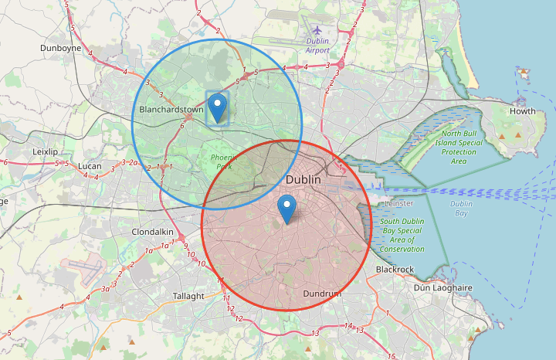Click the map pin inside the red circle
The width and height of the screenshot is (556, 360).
coord(287,208)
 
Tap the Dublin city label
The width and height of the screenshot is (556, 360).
coord(303,179)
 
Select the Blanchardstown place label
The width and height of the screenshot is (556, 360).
coord(171,110)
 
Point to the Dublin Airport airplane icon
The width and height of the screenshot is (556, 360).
coord(317,30)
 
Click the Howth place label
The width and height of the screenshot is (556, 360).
coord(522,111)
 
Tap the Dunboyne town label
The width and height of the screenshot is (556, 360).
coord(61,48)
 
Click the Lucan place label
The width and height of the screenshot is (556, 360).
coord(90,166)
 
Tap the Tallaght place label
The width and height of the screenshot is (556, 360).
coord(188,296)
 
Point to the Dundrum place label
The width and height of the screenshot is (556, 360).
coord(321,294)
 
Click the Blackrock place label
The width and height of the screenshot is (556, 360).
coord(395,269)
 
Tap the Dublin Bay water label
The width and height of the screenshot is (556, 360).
coord(462,209)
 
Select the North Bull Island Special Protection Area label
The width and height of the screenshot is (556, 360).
coord(458,147)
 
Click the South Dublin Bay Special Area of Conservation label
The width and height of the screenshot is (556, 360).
coord(402,235)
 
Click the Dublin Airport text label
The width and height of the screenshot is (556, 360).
coord(317,46)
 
